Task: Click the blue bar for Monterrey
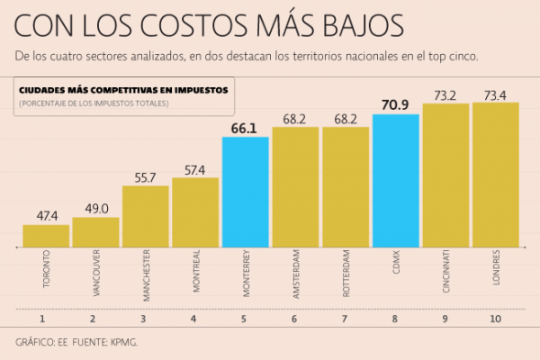click(246, 191)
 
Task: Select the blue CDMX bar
click(395, 180)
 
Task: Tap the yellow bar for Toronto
click(46, 235)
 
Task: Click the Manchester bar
click(146, 215)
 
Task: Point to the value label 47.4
click(46, 216)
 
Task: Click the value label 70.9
click(395, 105)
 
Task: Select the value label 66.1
click(246, 128)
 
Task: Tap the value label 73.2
click(445, 94)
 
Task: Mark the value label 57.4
click(195, 169)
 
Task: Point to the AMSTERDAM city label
click(296, 274)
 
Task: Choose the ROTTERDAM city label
click(346, 274)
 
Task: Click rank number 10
click(496, 318)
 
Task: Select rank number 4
click(195, 318)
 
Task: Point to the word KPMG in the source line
click(124, 343)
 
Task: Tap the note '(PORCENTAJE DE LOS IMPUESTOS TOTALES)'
click(93, 103)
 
